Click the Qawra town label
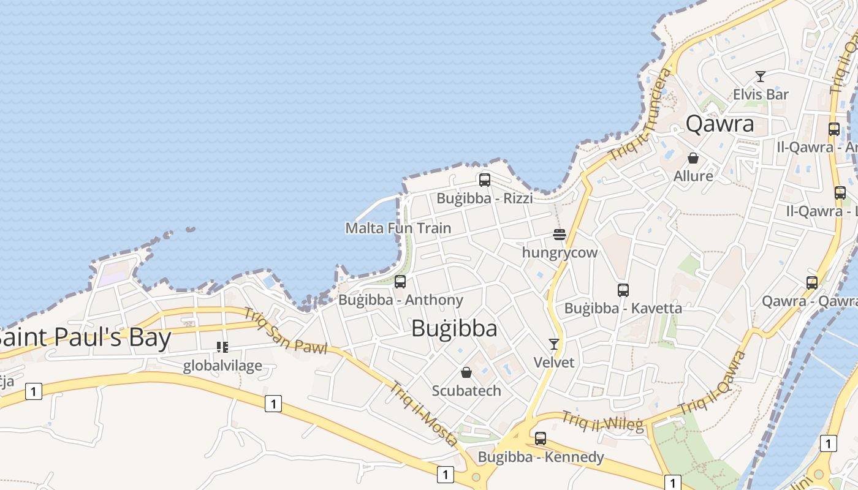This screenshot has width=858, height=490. coord(719,124)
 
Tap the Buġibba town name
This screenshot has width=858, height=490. coord(454,329)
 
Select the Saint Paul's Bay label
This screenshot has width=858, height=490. coord(85,337)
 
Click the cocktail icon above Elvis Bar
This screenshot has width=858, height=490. coord(761,77)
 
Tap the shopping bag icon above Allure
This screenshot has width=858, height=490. coord(693,158)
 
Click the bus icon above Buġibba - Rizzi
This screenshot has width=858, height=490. coord(485,180)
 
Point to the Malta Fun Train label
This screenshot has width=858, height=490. coord(398,228)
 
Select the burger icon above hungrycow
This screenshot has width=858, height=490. coord(559,235)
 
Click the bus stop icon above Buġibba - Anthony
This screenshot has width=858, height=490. coord(400,282)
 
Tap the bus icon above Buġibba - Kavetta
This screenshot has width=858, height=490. coord(623,290)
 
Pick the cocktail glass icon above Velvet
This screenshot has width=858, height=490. coord(554,344)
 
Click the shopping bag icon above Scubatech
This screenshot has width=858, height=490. coord(466,372)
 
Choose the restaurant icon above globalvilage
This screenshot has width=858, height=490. coord(222,347)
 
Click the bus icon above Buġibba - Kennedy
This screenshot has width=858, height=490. coord(540,439)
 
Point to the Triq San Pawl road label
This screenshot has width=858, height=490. coord(285,331)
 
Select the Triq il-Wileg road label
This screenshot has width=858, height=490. coord(602,421)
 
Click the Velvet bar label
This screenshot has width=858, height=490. coord(554,363)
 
